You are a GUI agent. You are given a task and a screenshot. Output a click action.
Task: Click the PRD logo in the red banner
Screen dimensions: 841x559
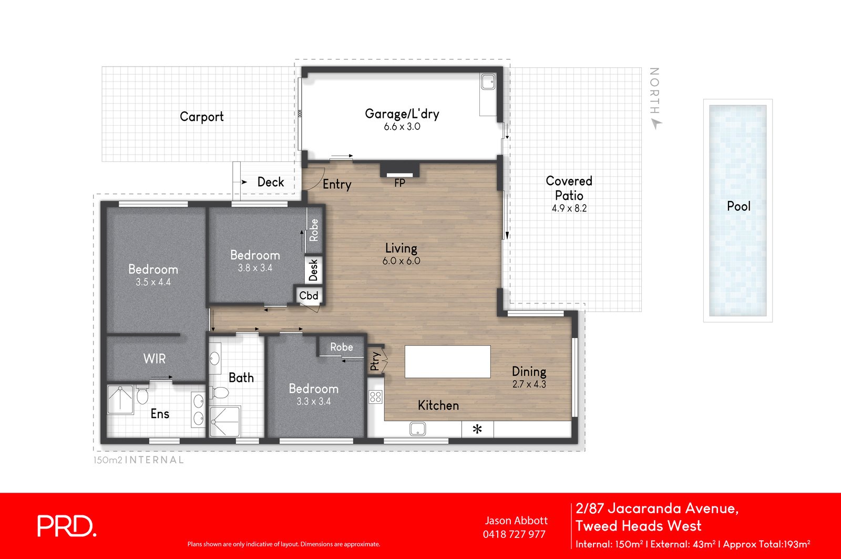coord(67,526)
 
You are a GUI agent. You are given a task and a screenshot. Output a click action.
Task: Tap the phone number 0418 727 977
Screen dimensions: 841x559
coord(514,534)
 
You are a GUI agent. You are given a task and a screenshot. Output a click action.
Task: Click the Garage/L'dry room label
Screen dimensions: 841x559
coord(402,114)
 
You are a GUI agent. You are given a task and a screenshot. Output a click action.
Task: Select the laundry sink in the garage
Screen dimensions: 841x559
coord(488,82)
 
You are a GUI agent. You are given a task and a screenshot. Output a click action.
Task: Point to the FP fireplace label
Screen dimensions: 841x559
coord(399,183)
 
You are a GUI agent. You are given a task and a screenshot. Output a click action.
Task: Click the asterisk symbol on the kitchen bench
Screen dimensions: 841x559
coord(477,429)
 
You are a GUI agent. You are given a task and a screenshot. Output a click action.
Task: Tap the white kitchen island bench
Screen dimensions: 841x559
coord(447,361)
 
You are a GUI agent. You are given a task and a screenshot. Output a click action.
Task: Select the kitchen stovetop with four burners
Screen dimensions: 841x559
coord(375,397)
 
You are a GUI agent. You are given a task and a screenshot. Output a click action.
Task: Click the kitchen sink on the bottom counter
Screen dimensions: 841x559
coord(417,429)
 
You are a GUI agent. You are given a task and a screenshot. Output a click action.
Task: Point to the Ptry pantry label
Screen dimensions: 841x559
coord(375,361)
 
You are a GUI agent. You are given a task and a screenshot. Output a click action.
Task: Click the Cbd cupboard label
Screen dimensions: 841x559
coord(309,296)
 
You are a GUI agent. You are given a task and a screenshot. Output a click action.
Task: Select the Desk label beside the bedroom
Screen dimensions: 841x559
coord(313,270)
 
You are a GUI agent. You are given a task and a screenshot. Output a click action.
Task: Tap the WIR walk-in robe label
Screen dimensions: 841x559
coord(155,359)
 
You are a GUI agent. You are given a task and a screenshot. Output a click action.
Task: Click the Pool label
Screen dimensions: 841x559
coord(739,206)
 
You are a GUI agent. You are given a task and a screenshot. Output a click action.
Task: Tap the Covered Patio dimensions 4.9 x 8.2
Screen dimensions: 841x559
coord(569,208)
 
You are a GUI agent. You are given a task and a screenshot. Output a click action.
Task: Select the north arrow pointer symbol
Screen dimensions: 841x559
coord(657,124)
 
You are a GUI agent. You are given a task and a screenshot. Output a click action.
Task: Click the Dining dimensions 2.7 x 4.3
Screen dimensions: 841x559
coord(529,384)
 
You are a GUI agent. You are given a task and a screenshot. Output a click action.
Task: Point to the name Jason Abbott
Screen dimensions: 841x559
coord(516,521)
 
